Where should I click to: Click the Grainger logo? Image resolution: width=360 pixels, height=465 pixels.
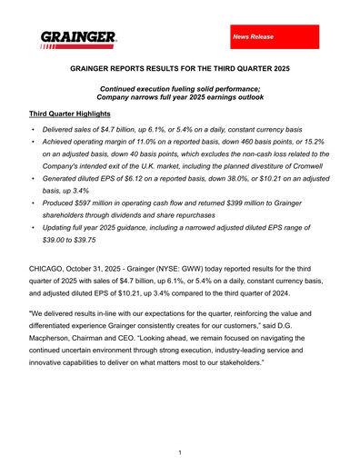[77, 39]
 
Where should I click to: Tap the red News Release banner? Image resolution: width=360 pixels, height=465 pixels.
[274, 37]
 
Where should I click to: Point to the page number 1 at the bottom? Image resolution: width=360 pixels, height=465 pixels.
[180, 451]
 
